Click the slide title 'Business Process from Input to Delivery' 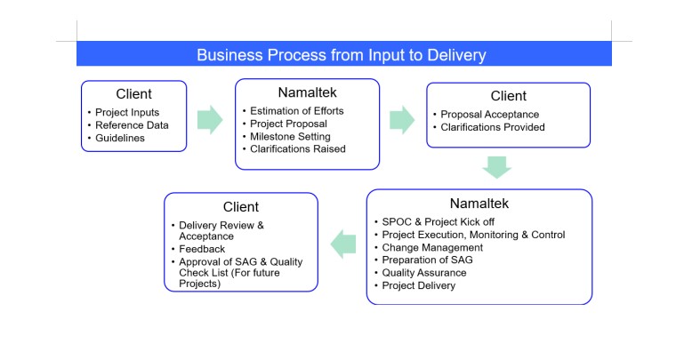[x=342, y=55]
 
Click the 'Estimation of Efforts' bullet [x=296, y=110]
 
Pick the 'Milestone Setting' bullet [x=290, y=136]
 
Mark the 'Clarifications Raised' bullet [x=298, y=148]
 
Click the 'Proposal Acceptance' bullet [x=490, y=114]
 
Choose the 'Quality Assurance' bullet [x=424, y=273]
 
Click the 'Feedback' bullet [x=202, y=250]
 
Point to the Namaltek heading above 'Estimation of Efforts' [x=307, y=92]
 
